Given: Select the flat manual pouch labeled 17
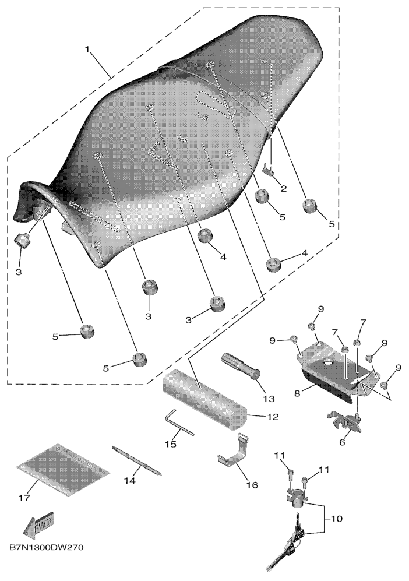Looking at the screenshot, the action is click(x=63, y=470).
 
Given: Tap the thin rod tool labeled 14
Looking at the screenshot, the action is click(x=137, y=461).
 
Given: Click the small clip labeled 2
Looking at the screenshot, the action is click(x=270, y=170).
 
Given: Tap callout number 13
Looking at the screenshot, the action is click(x=269, y=399).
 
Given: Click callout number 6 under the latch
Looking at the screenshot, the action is click(x=341, y=442).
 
